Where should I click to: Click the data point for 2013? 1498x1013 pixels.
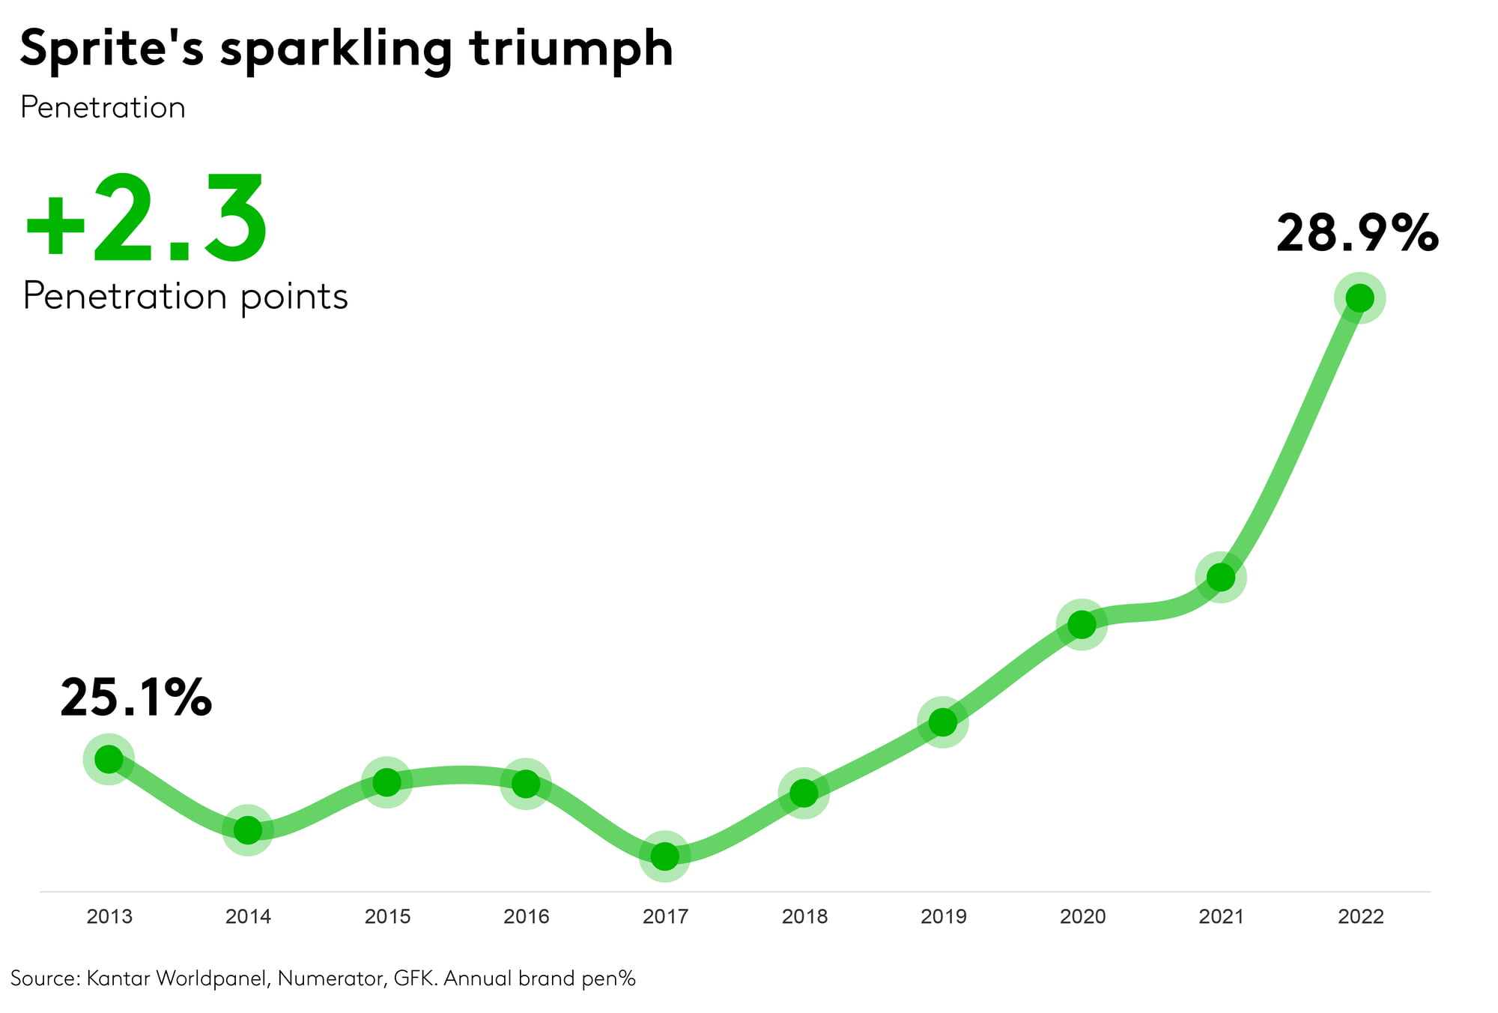[x=109, y=760]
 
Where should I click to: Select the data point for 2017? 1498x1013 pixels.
[x=664, y=856]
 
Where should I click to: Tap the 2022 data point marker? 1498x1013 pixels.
[x=1359, y=298]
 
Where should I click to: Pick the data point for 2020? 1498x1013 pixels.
[x=1082, y=624]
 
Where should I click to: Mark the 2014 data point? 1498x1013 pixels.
[x=247, y=830]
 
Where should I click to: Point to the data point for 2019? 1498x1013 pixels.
[x=942, y=722]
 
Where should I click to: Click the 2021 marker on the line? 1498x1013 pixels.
[x=1221, y=578]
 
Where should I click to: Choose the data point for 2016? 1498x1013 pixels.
[x=526, y=784]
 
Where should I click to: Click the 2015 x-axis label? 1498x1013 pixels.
[x=387, y=916]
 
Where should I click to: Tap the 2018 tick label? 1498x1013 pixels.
[x=804, y=916]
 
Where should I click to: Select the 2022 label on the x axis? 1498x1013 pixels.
[x=1361, y=916]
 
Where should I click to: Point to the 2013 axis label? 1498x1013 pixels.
[x=109, y=916]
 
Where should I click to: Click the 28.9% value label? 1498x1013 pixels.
[x=1357, y=234]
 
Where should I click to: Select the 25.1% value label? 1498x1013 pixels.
[x=136, y=698]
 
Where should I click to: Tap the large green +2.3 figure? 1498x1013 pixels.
[x=146, y=219]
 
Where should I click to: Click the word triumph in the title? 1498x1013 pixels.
[x=571, y=49]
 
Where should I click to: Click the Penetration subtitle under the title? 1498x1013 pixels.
[x=103, y=108]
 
